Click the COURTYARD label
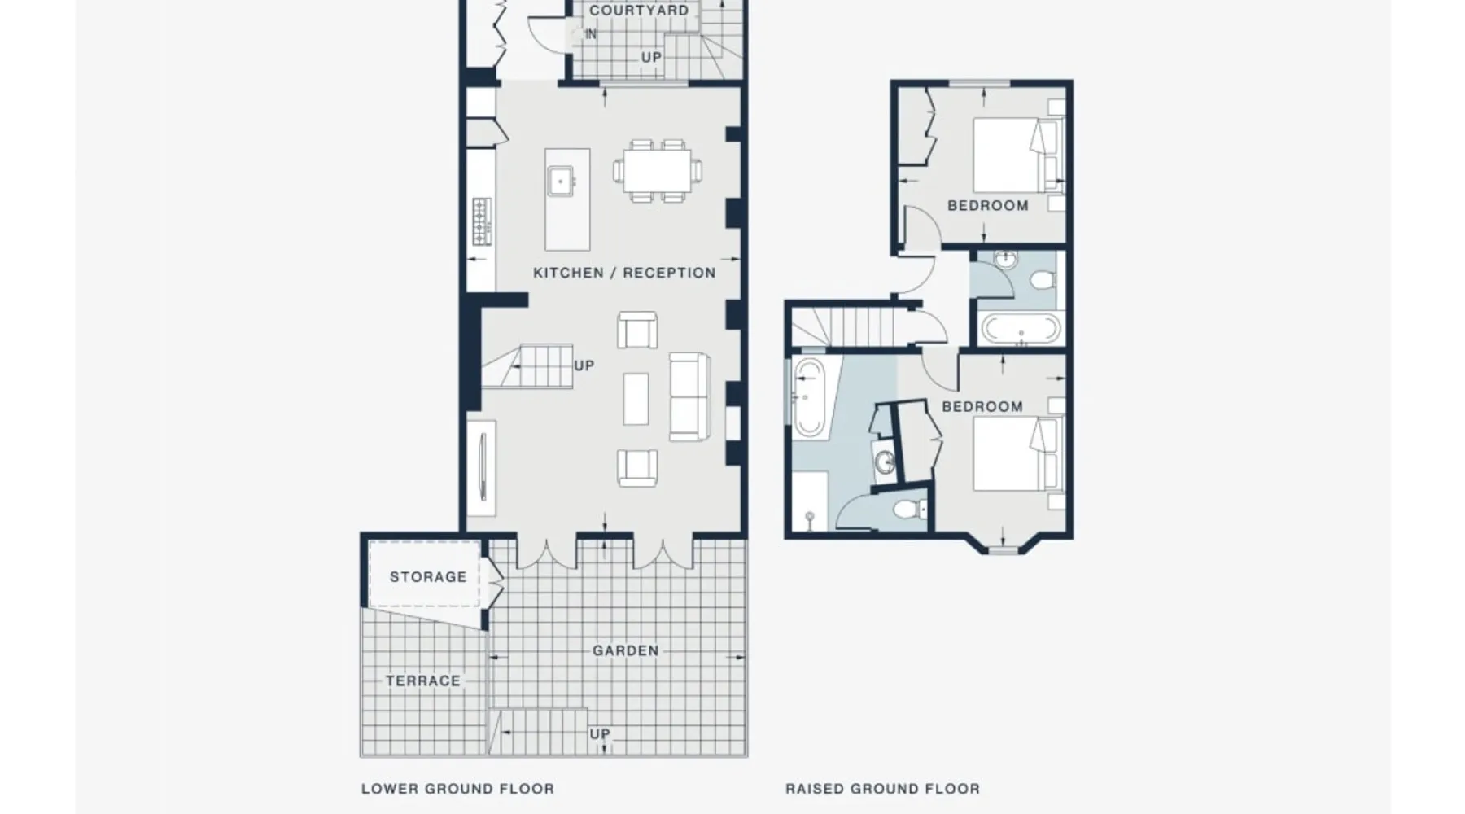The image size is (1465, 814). pyautogui.click(x=639, y=11)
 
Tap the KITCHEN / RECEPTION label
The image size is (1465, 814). pyautogui.click(x=624, y=273)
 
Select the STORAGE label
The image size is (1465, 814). pyautogui.click(x=428, y=577)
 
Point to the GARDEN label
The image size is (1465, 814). pyautogui.click(x=625, y=651)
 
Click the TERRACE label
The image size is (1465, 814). pyautogui.click(x=423, y=681)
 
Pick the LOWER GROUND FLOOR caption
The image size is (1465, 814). pyautogui.click(x=458, y=789)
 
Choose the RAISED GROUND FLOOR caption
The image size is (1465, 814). pyautogui.click(x=883, y=789)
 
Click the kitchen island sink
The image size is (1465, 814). pyautogui.click(x=560, y=181)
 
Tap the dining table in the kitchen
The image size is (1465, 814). pyautogui.click(x=658, y=171)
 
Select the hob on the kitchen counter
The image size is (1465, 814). pyautogui.click(x=482, y=221)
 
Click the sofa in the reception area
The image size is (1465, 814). pyautogui.click(x=689, y=397)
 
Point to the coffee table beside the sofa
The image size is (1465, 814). pyautogui.click(x=636, y=399)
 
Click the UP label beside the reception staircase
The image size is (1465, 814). pyautogui.click(x=584, y=366)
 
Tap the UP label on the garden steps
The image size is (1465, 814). pyautogui.click(x=600, y=734)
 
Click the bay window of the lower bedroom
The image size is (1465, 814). pyautogui.click(x=1003, y=545)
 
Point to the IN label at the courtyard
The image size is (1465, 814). pyautogui.click(x=591, y=34)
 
